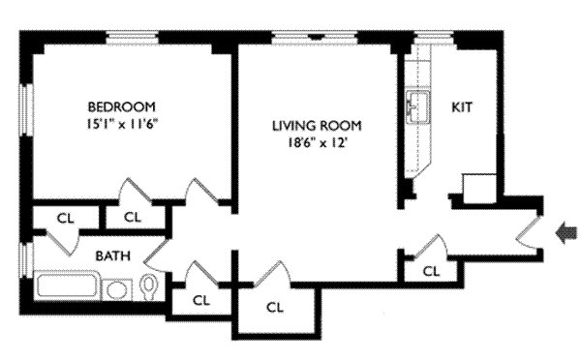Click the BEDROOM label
[x=122, y=106]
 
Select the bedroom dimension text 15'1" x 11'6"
[x=122, y=124]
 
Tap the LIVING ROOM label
[x=317, y=126]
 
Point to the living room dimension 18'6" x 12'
[x=318, y=142]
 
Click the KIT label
[x=462, y=107]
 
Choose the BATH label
[x=113, y=255]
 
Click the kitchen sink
[x=417, y=106]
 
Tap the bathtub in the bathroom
[x=67, y=285]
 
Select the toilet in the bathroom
[x=149, y=286]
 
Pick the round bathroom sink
[x=117, y=289]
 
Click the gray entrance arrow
[x=566, y=233]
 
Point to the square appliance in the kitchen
[x=479, y=189]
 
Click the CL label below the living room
[x=275, y=307]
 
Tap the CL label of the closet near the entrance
[x=431, y=272]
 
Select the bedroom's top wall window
[x=133, y=38]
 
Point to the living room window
[x=315, y=38]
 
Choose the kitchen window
[x=434, y=38]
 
